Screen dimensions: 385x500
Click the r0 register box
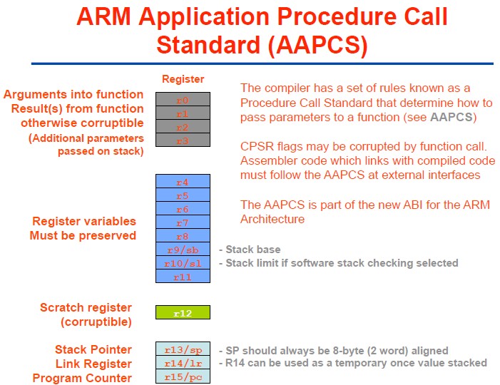183,100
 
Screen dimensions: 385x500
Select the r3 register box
183,140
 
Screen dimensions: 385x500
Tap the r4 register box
183,182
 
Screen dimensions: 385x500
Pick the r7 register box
183,222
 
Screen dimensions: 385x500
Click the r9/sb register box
183,250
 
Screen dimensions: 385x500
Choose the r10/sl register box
183,263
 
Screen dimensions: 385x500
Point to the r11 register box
183,277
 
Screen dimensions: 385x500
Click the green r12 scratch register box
183,312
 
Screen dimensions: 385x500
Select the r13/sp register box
183,350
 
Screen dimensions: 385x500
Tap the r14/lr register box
183,364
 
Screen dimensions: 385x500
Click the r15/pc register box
183,377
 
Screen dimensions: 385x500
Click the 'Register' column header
183,79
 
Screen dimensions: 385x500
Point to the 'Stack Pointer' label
93,349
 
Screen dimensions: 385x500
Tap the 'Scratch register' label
86,307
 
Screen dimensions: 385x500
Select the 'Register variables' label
84,221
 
